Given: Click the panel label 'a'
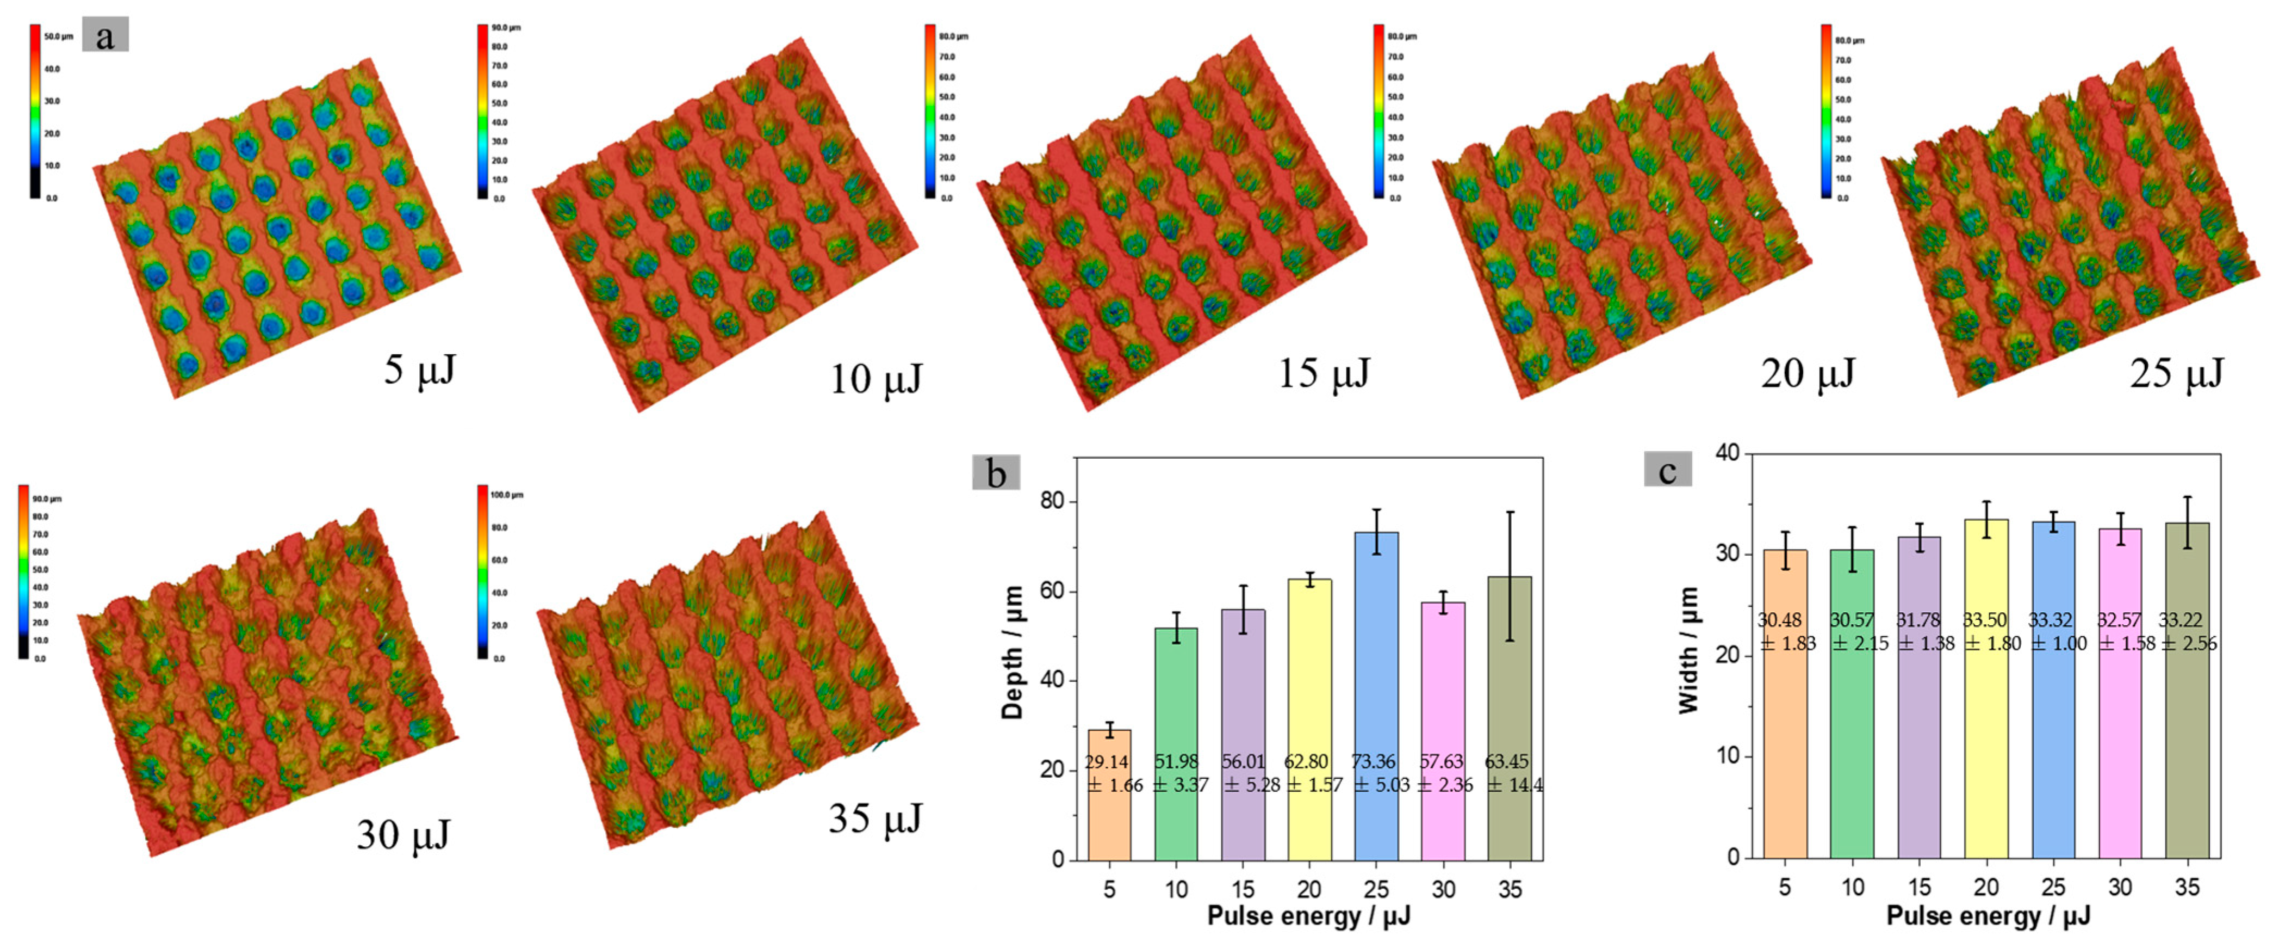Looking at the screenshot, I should pos(105,36).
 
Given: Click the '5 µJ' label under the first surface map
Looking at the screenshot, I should pos(419,369).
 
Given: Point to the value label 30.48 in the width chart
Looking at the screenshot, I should pos(1779,620).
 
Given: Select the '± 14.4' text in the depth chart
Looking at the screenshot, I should pos(1514,784).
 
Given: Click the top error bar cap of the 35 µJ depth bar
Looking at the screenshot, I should pos(1510,512).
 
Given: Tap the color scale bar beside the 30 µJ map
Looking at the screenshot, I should pos(23,571).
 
